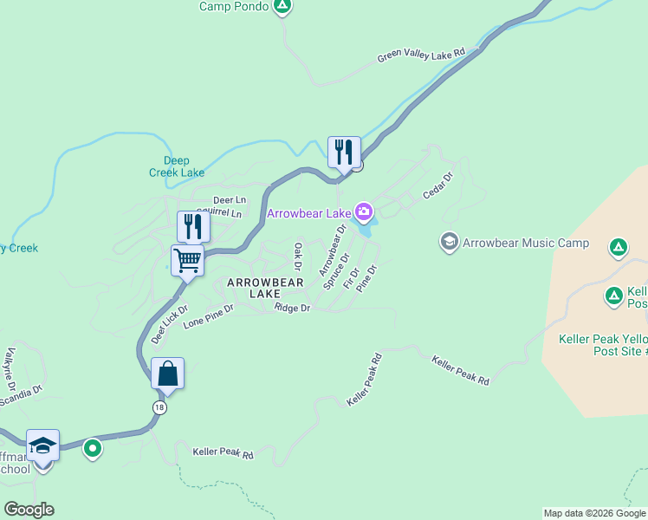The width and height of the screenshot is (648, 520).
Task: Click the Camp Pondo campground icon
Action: point(282,6)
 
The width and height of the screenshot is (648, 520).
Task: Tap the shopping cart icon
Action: point(187,260)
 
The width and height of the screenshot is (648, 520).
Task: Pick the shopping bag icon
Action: point(167,374)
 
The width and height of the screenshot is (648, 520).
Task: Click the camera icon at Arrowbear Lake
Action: point(364,211)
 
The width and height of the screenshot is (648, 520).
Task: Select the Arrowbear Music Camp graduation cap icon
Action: point(449,242)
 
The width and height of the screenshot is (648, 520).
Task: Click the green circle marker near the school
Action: point(93,449)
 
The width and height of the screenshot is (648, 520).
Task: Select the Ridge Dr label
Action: point(292,308)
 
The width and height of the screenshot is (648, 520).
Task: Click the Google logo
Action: point(29,510)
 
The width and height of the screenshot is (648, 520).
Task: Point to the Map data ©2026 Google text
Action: point(593,513)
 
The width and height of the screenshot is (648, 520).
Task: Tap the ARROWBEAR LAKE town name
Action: point(265,289)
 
